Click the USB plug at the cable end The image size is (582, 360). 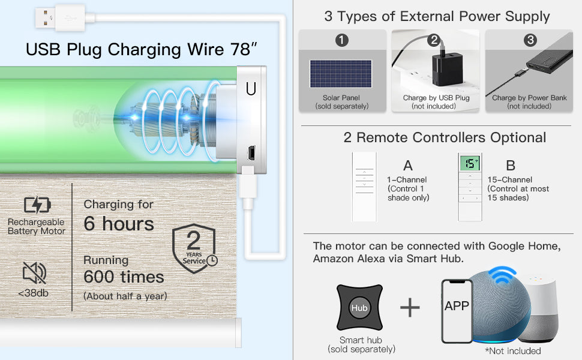coord(60,17)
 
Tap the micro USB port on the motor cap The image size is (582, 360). coord(251,153)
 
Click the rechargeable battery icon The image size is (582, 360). coord(37,205)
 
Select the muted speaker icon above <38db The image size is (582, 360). coord(34,273)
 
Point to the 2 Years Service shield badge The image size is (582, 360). coord(194,248)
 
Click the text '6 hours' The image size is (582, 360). coord(119,223)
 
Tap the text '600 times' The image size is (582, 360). coord(124,277)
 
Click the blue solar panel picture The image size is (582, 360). coord(341,73)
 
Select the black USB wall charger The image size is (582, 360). coord(448,68)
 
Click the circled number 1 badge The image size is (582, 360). coord(342,40)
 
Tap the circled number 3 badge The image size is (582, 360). coord(530,40)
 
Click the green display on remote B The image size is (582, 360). coord(470,163)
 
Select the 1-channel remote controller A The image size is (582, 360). coord(364,187)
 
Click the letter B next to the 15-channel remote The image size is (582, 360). coord(511,166)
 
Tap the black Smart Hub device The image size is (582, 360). coord(359,307)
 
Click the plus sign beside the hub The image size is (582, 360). coord(410,308)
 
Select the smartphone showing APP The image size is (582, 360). coord(457,311)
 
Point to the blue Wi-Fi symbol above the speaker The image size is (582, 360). coord(502,274)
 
